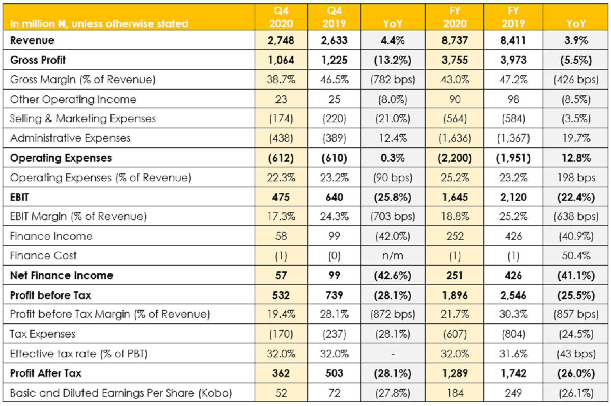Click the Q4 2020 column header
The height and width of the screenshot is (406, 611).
(281, 17)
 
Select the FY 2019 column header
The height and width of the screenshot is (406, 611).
(513, 17)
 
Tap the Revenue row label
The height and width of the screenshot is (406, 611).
(32, 40)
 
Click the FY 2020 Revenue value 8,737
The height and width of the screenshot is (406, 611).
(455, 40)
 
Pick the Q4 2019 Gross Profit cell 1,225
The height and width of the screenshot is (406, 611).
(334, 60)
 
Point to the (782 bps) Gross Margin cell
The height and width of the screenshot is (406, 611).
(393, 79)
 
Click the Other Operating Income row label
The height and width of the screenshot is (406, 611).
(73, 99)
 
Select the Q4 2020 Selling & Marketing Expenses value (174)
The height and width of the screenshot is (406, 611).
(281, 119)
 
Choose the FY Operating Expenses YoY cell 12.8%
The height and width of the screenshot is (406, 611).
(576, 158)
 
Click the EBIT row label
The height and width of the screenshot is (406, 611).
(19, 197)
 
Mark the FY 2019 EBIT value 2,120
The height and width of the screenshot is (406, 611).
(513, 197)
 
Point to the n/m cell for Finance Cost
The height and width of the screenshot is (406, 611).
(393, 256)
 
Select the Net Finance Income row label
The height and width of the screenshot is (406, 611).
(62, 275)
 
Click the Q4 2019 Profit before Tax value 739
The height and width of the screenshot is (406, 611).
(334, 295)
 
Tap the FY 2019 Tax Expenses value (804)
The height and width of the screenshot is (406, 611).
(513, 334)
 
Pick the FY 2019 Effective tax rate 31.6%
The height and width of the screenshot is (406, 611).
(513, 354)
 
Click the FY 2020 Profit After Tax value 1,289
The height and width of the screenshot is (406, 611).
(455, 373)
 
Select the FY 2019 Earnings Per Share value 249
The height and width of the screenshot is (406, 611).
(513, 393)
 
